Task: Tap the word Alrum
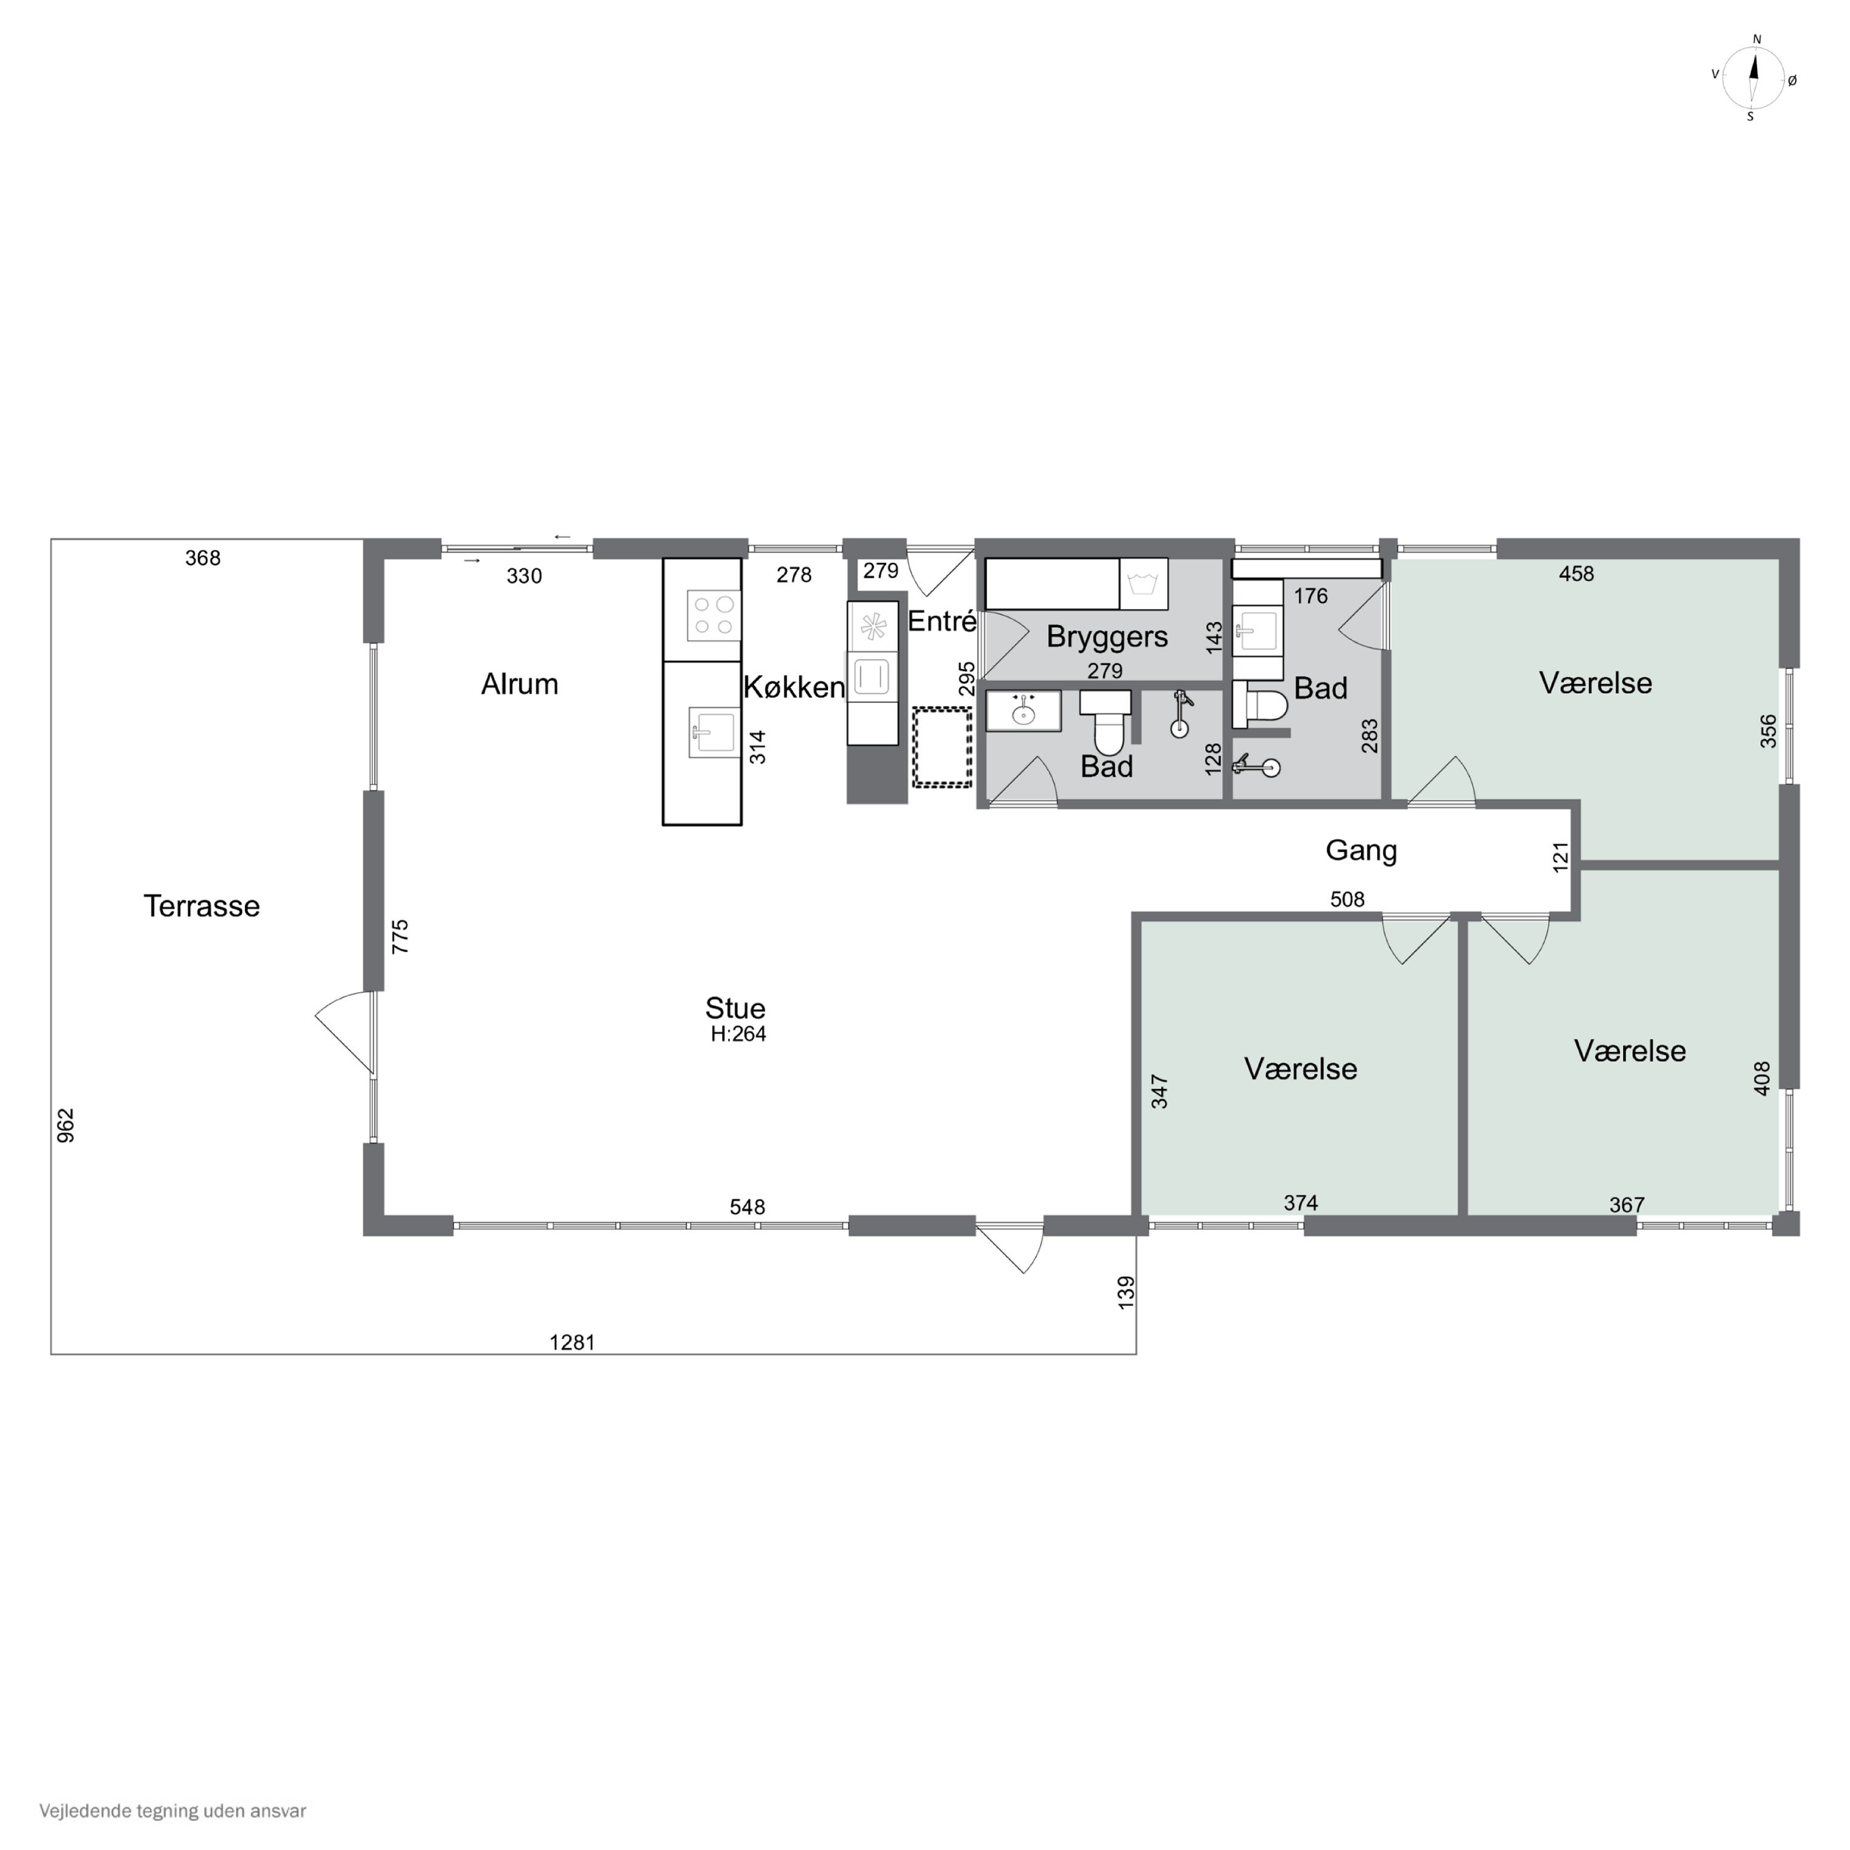pos(519,684)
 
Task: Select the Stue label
pos(736,1008)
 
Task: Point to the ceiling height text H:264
pos(738,1034)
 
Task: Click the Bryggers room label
pos(1107,637)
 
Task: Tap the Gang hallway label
pos(1361,851)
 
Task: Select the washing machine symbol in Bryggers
pos(1143,583)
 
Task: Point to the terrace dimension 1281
pos(573,1342)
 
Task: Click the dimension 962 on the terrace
pos(65,1125)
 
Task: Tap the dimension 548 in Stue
pos(748,1207)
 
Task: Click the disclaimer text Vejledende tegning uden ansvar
pos(173,1811)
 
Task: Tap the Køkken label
pos(794,688)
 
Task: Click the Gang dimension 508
pos(1347,899)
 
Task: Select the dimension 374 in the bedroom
pos(1301,1202)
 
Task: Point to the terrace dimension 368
pos(203,558)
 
